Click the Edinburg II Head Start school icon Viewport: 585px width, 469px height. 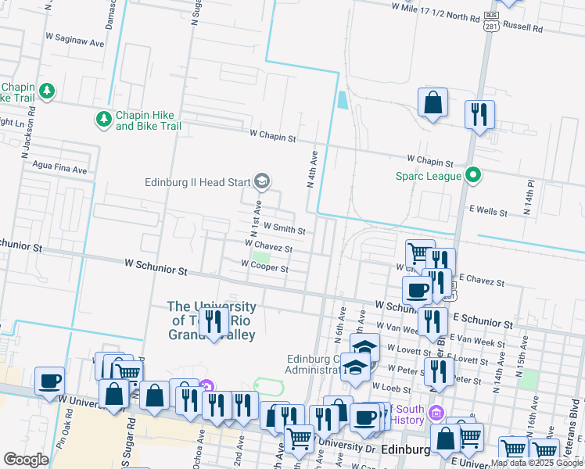coord(262,182)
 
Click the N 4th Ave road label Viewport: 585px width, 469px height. coord(311,170)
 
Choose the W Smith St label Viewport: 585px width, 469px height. coord(284,229)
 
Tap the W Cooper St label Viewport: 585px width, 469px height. coord(264,268)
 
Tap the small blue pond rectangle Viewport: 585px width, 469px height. coord(343,100)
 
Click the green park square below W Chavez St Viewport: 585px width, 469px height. coord(260,258)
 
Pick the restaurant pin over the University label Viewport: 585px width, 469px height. coord(213,321)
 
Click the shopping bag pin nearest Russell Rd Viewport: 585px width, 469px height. coord(432,102)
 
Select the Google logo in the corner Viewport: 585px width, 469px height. coord(26,460)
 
